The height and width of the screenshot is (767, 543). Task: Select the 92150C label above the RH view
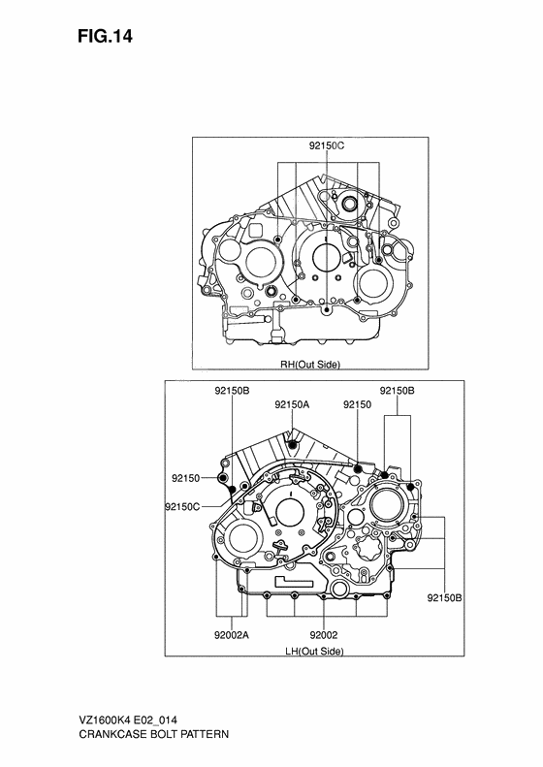click(x=327, y=146)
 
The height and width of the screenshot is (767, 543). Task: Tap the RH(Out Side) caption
click(x=310, y=365)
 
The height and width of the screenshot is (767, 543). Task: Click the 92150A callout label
click(x=291, y=404)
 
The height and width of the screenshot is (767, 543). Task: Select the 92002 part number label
click(x=323, y=635)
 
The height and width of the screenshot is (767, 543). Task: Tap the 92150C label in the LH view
click(x=182, y=507)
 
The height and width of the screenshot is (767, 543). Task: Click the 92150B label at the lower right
click(x=444, y=598)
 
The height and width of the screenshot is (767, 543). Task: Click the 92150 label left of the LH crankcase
click(x=185, y=478)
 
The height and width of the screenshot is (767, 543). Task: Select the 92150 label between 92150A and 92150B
click(x=358, y=404)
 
